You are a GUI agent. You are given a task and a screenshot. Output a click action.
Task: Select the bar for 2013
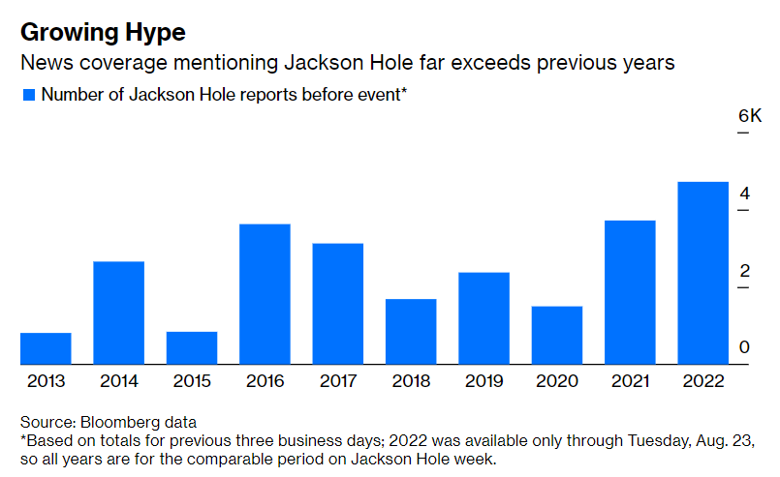coord(46,348)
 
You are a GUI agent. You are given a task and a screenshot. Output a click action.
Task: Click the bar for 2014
coord(118,313)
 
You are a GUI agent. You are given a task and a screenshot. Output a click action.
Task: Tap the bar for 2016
coord(265,294)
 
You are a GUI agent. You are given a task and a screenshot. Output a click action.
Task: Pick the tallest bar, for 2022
coord(702,273)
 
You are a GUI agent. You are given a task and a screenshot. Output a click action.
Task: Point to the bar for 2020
coord(556,335)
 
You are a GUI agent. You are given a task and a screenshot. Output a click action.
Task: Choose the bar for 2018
coord(411,331)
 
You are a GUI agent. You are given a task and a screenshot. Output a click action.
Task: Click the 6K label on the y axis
coord(749,116)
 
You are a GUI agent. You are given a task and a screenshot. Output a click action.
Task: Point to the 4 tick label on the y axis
coord(743,194)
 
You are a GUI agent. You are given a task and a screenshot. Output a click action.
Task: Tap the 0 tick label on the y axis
coord(743,347)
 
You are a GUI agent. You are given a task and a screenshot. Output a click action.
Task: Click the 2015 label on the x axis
coord(192,381)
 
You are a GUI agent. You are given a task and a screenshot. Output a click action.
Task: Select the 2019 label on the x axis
coord(484,381)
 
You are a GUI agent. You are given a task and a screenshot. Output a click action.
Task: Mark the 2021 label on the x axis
coord(629,381)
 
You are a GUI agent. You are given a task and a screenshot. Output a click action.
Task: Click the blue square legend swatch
coord(28,95)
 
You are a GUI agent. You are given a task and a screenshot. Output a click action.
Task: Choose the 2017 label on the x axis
coord(337,381)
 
